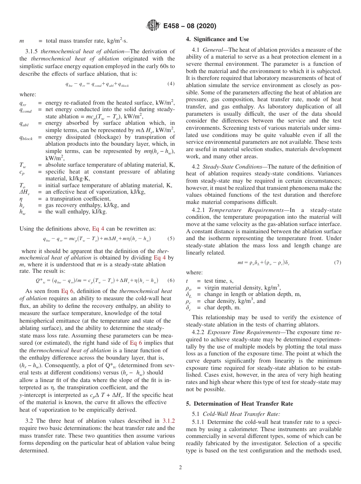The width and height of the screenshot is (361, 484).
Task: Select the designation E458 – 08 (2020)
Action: [x=190, y=26]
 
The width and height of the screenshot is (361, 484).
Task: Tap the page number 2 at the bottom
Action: [x=180, y=467]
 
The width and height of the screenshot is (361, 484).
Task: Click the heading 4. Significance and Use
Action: [x=217, y=39]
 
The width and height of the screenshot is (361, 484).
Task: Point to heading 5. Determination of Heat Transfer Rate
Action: [x=239, y=403]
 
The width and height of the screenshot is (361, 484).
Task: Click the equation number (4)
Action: [x=171, y=84]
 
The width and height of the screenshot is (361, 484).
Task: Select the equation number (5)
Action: [x=171, y=239]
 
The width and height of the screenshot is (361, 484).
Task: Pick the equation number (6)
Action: [x=171, y=280]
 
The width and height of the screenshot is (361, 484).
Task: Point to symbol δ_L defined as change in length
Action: [x=189, y=295]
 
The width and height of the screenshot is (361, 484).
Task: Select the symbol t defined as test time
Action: [x=187, y=281]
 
